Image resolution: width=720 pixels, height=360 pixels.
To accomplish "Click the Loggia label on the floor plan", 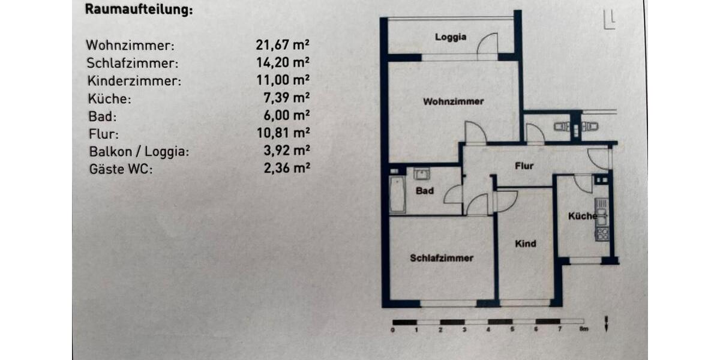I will point(451,37).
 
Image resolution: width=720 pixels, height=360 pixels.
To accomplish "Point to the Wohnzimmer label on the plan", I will point(453,101).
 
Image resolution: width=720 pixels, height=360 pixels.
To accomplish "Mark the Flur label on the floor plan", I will point(524,166).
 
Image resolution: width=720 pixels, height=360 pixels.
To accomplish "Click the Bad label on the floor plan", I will point(425,191).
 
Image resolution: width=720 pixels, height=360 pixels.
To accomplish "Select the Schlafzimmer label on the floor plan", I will point(442,258).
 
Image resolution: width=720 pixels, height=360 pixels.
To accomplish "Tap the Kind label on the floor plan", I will point(526,244).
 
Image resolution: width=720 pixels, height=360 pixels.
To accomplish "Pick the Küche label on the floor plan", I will point(582,216).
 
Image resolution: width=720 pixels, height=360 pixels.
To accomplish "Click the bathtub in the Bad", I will point(397,194).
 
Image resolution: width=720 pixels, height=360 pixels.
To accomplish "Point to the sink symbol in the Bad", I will point(422,174).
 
